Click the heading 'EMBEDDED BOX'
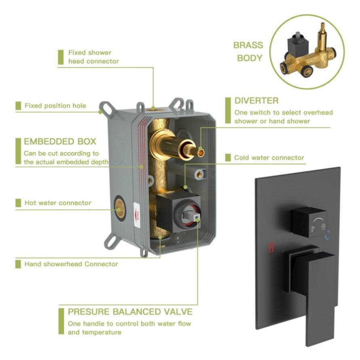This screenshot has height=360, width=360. pyautogui.click(x=60, y=142)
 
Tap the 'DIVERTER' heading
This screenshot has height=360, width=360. pyautogui.click(x=256, y=101)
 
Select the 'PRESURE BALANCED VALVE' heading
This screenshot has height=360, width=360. pyautogui.click(x=130, y=311)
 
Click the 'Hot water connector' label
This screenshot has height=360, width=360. pyautogui.click(x=58, y=203)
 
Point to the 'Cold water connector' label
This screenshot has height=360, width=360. pyautogui.click(x=269, y=158)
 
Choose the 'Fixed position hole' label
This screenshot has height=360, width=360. pyautogui.click(x=55, y=106)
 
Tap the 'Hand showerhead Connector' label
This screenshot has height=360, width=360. pyautogui.click(x=71, y=264)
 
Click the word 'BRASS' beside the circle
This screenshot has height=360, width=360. pyautogui.click(x=248, y=45)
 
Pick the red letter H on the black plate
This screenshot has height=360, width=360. pyautogui.click(x=271, y=248)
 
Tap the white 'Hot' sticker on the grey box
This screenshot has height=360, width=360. pyautogui.click(x=137, y=215)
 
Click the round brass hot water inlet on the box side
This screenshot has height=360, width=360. pyautogui.click(x=120, y=208)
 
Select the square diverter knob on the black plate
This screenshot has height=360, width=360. pyautogui.click(x=309, y=222)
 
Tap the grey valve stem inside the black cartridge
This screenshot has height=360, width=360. pyautogui.click(x=191, y=215)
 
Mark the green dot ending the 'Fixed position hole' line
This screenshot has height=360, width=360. pyautogui.click(x=100, y=112)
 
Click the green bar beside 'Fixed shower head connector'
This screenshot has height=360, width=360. pyautogui.click(x=61, y=57)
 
